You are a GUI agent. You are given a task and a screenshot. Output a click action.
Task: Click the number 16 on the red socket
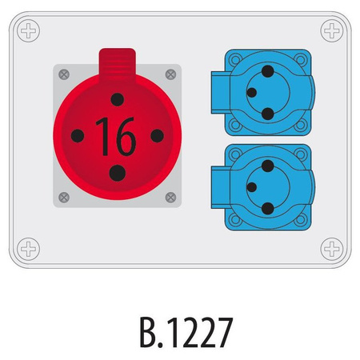(x=116, y=136)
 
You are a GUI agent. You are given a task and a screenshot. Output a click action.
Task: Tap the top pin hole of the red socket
(x=118, y=100)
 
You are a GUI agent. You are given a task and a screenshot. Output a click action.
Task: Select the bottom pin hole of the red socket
(x=118, y=173)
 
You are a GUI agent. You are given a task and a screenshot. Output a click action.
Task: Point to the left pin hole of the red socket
(x=78, y=135)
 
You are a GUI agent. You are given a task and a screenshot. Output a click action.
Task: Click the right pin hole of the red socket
(x=157, y=135)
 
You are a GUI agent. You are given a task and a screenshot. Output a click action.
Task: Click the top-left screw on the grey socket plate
(x=64, y=74)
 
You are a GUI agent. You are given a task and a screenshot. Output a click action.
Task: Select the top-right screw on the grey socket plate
(x=170, y=74)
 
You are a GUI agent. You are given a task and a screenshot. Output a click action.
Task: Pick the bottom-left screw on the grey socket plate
(x=64, y=198)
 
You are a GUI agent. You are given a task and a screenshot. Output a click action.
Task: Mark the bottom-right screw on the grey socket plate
(x=170, y=198)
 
